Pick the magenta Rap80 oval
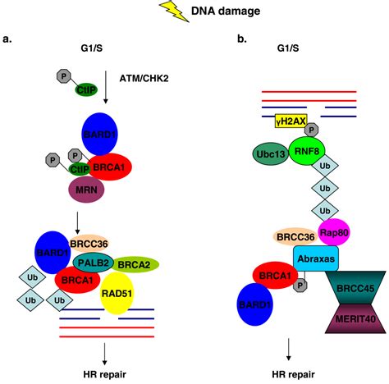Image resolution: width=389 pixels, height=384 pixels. (335, 231)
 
